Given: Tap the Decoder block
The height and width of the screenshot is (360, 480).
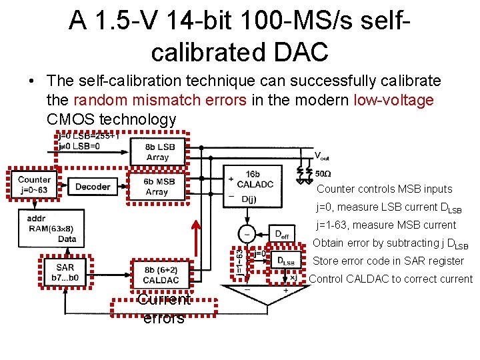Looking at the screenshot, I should [93, 187].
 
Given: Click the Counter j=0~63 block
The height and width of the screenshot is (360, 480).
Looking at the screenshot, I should [34, 183].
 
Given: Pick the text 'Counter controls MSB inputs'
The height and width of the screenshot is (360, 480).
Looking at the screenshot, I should [384, 189].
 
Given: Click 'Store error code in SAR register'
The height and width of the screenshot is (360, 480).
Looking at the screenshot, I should [389, 261].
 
